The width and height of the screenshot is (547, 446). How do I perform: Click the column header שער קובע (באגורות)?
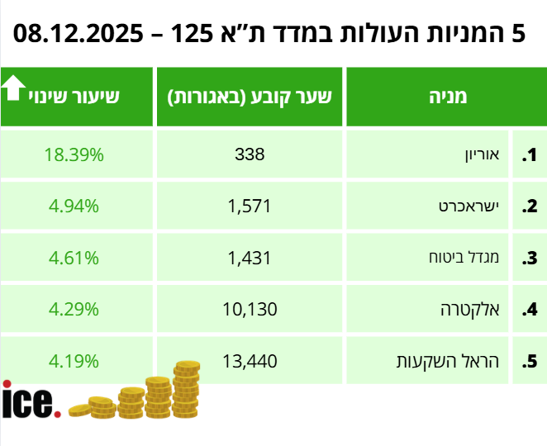[x=250, y=97]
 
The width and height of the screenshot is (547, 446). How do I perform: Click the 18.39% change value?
[x=74, y=154]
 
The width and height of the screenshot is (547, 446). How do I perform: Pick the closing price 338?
[x=250, y=154]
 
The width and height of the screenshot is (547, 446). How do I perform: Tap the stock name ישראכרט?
[x=467, y=206]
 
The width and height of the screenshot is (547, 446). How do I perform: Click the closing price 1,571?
[x=250, y=206]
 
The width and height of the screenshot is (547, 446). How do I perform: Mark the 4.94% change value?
[x=74, y=206]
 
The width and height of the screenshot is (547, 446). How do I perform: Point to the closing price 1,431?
[x=250, y=258]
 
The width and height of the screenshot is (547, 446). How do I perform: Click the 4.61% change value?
[x=74, y=258]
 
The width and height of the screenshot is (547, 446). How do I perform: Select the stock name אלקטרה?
[x=471, y=310]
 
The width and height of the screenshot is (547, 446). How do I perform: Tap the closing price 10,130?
[x=250, y=310]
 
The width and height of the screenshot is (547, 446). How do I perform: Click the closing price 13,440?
[x=250, y=361]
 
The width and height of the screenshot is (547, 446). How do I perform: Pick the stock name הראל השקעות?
[x=449, y=361]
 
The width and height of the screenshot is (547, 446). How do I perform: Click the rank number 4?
[x=530, y=311]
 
